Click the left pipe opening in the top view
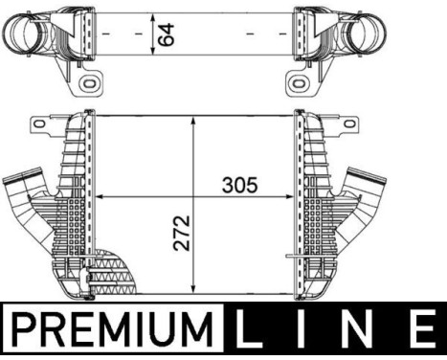[21, 39]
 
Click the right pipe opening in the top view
[428, 39]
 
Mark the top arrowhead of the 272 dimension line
[195, 121]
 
